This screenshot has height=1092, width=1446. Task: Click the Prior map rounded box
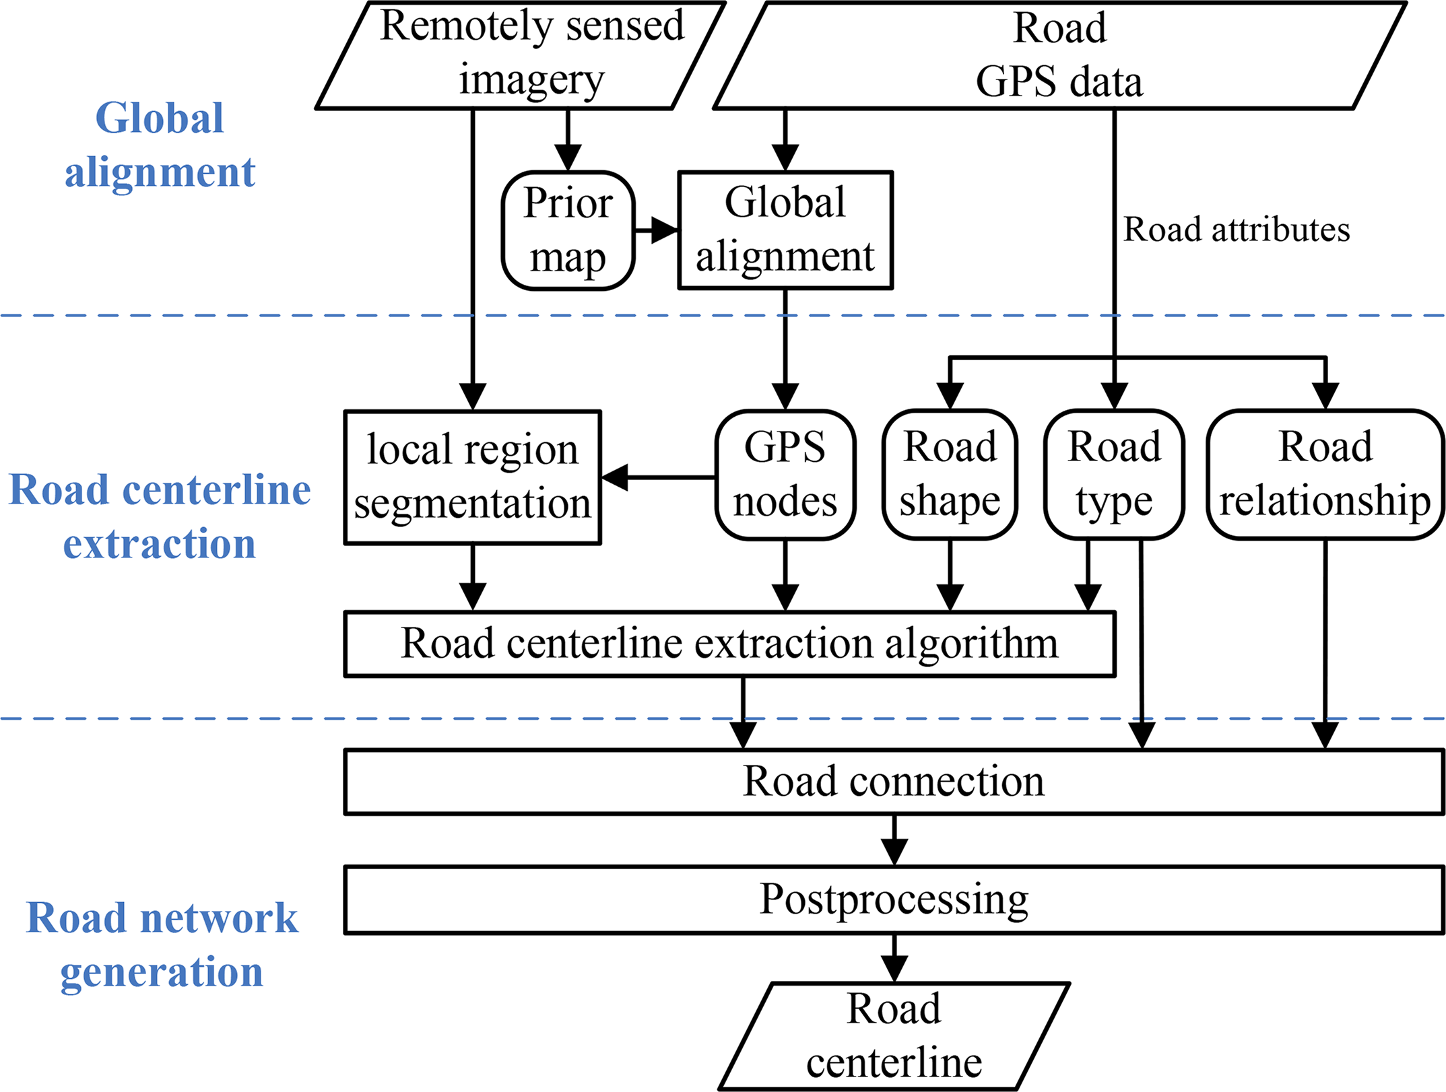click(568, 230)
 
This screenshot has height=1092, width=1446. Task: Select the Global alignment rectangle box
click(785, 230)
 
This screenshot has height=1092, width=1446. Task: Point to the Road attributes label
click(1236, 230)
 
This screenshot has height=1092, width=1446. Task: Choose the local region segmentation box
click(472, 477)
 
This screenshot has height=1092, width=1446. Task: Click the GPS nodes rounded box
click(785, 475)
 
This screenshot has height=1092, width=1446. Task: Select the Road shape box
click(950, 475)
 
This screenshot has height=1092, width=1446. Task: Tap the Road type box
click(1114, 475)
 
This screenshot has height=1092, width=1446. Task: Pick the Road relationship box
click(1325, 475)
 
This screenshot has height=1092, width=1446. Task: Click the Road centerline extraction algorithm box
click(729, 644)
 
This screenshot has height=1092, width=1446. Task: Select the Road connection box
click(894, 782)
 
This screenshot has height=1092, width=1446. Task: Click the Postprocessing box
click(894, 899)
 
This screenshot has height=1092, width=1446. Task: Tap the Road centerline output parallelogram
click(894, 1036)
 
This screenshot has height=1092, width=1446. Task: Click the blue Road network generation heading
click(162, 945)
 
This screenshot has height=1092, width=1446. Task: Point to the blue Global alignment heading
click(160, 145)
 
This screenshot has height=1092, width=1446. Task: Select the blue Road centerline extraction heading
click(160, 516)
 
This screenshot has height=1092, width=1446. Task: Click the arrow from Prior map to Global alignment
click(657, 230)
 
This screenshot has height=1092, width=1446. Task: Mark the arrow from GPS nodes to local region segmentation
click(657, 477)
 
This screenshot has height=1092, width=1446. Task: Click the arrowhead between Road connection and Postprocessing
click(894, 850)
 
